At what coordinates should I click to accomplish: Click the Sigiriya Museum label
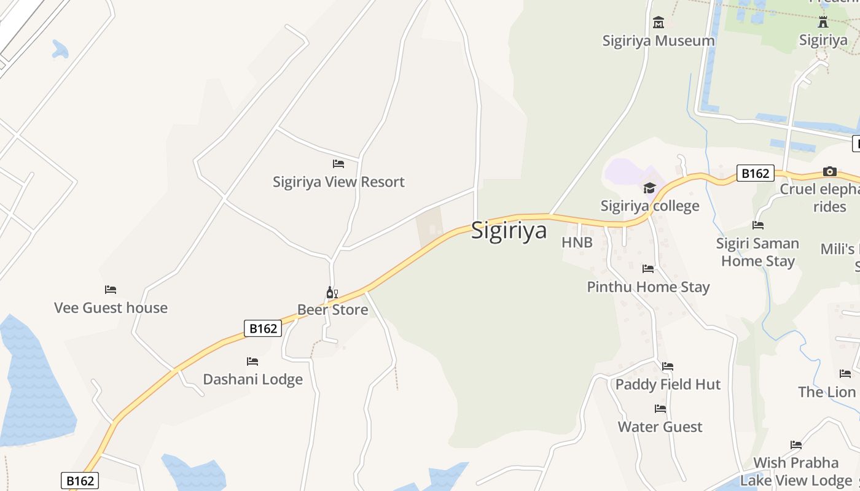(x=659, y=41)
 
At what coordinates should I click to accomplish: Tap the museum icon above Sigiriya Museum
(x=659, y=23)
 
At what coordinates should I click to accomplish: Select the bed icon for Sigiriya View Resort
(x=338, y=164)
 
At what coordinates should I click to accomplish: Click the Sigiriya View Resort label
(x=338, y=182)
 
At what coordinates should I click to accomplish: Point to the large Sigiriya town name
(x=509, y=230)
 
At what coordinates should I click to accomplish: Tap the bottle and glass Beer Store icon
(x=332, y=293)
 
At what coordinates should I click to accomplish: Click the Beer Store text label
(x=332, y=309)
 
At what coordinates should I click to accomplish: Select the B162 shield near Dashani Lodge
(x=263, y=328)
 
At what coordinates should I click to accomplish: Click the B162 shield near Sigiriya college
(x=755, y=173)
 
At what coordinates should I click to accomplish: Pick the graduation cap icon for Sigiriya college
(x=649, y=188)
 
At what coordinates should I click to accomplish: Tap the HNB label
(x=577, y=242)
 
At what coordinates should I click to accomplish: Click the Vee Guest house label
(x=111, y=307)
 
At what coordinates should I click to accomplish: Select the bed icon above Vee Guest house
(x=111, y=290)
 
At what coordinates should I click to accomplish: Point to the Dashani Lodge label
(x=252, y=379)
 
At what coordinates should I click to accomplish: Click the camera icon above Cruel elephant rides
(x=830, y=171)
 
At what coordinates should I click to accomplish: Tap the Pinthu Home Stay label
(x=648, y=287)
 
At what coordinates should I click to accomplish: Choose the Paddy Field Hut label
(x=668, y=384)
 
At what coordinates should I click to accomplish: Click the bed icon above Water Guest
(x=660, y=409)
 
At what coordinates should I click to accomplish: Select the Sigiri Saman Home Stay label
(x=757, y=252)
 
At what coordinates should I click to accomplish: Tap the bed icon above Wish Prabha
(x=796, y=445)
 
